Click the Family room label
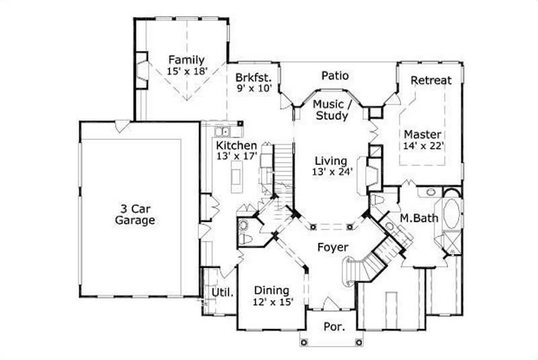click(186, 59)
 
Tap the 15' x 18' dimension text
click(186, 71)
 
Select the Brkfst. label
click(253, 76)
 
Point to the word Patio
click(335, 75)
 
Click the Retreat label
click(431, 80)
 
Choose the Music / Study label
click(332, 110)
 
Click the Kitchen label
click(236, 145)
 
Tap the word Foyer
click(334, 248)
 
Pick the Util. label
click(223, 293)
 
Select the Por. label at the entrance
click(334, 327)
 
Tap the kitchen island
click(236, 178)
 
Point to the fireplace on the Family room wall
click(142, 70)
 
